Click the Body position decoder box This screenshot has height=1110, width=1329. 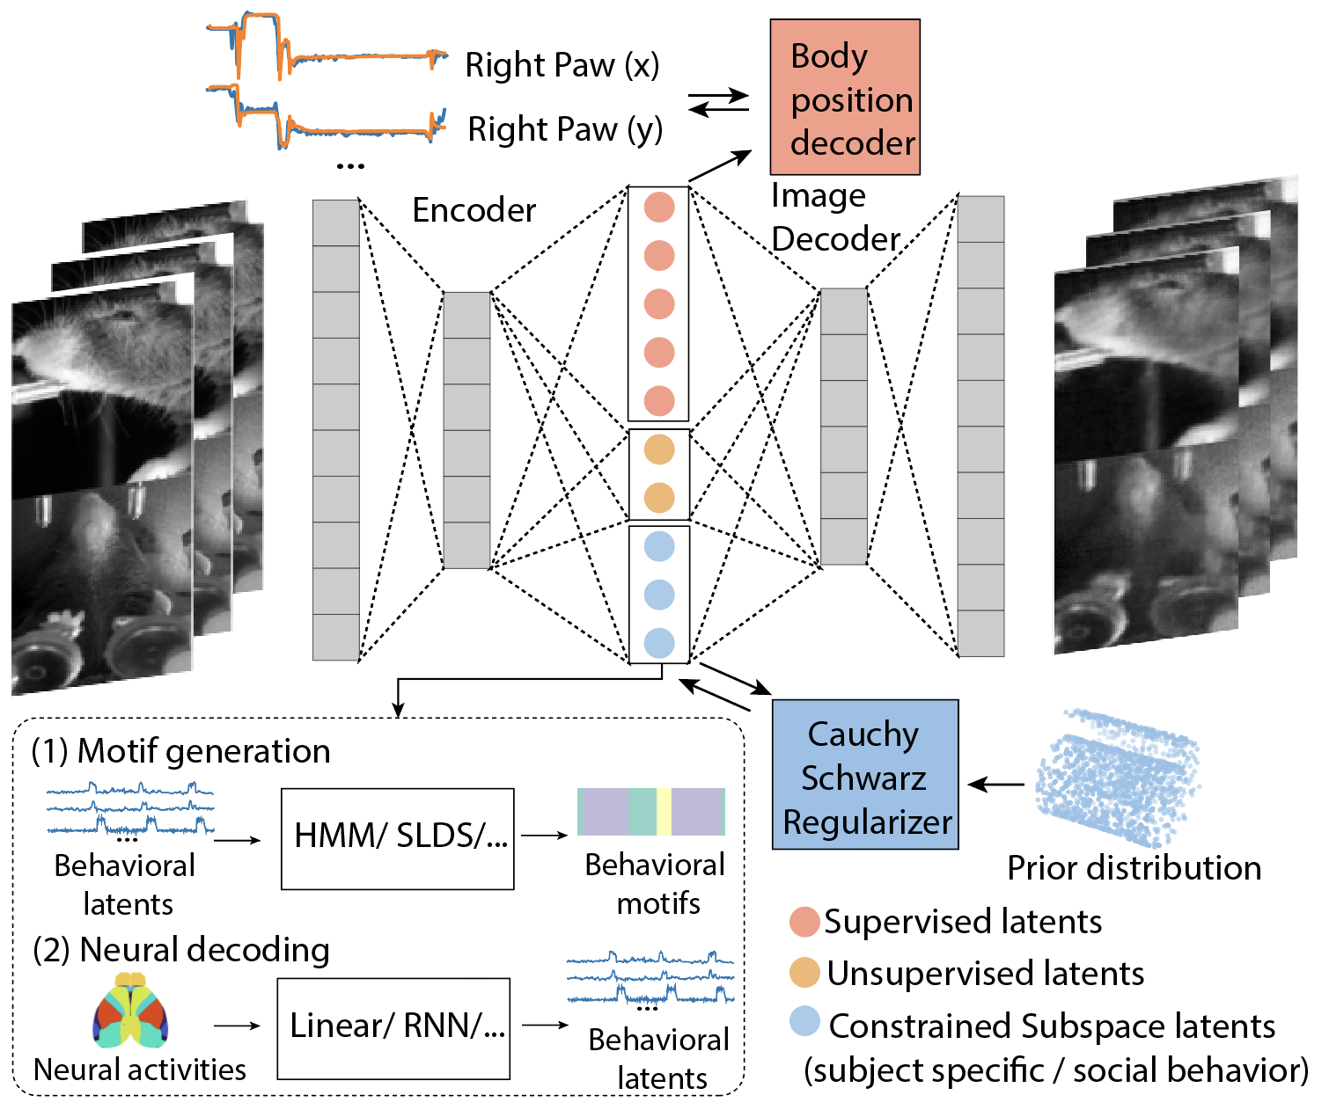[x=844, y=98]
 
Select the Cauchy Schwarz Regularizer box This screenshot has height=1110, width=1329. [x=864, y=775]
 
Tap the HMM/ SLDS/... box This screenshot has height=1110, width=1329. [x=397, y=838]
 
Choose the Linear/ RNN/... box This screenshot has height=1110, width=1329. [x=393, y=1027]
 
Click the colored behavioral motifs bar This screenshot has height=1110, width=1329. [x=650, y=811]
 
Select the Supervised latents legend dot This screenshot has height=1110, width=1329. [x=804, y=922]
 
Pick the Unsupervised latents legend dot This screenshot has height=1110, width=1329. [x=804, y=973]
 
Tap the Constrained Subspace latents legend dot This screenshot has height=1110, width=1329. [x=804, y=1022]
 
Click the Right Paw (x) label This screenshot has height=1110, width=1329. [x=562, y=65]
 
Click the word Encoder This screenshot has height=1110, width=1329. [x=474, y=210]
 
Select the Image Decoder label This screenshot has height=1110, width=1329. [x=834, y=217]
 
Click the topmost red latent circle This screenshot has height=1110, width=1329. [x=659, y=208]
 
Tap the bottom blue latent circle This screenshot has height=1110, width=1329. [x=659, y=643]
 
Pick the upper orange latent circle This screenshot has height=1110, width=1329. [x=659, y=449]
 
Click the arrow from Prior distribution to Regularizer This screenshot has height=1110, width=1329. [x=996, y=784]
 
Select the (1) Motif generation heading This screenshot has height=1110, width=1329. [x=180, y=751]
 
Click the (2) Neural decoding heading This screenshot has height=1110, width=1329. [x=180, y=950]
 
